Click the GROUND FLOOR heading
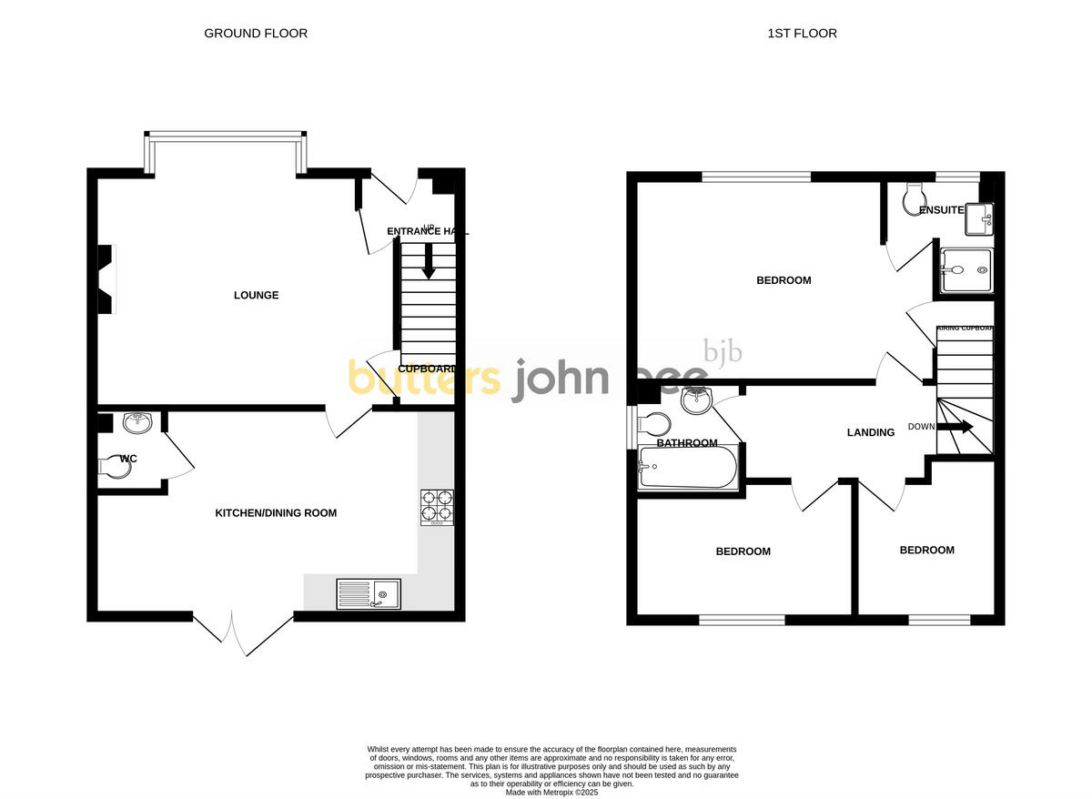tap(256, 34)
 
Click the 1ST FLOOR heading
tap(802, 34)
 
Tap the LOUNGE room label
tap(256, 295)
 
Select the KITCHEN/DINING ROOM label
tap(276, 513)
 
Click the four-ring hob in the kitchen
tap(437, 508)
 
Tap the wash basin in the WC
tap(137, 421)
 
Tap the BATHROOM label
tap(687, 443)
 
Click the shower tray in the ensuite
tap(966, 270)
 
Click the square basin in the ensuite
tap(980, 217)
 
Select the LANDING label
tap(871, 432)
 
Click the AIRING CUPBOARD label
tap(965, 328)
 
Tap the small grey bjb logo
tap(723, 351)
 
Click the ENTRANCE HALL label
tap(427, 232)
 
